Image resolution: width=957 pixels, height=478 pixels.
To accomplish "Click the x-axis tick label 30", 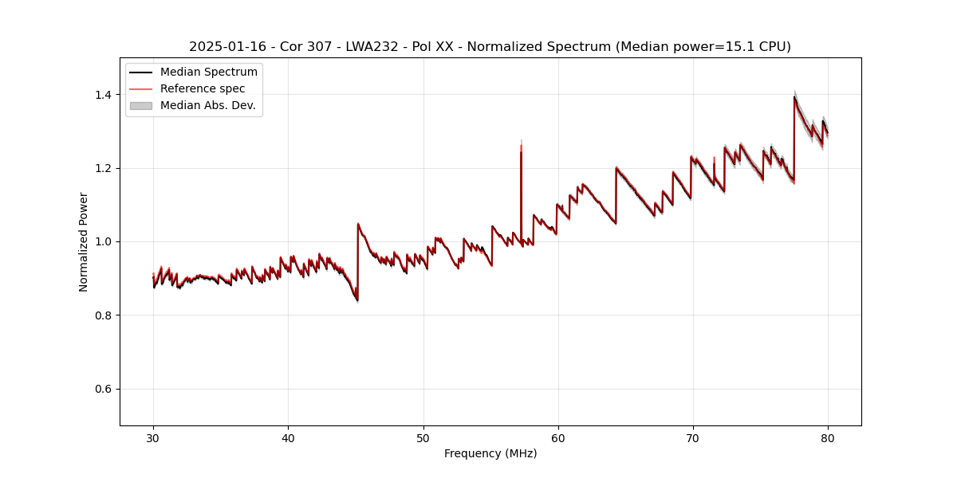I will point(153,438).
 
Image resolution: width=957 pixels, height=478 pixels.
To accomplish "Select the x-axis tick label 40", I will point(288,438).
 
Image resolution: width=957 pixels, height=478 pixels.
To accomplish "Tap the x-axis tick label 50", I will point(423,438).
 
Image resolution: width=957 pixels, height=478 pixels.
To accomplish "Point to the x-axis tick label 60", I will point(558,438).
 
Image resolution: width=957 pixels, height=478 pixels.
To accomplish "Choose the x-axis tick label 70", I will point(693,438).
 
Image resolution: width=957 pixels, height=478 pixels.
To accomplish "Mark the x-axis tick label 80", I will point(828,438).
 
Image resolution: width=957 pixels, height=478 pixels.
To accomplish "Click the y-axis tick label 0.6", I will point(103,389).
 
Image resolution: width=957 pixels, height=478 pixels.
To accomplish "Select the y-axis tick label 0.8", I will point(103,315).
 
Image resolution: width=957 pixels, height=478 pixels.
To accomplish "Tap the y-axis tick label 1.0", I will point(103,241).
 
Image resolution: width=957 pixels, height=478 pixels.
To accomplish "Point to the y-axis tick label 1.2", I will point(103,168).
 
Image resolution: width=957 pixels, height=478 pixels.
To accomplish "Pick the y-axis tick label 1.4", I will point(103,95).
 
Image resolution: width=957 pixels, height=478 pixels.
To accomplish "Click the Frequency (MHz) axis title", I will point(490,453).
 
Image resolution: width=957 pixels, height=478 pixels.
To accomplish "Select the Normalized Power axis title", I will point(84,241).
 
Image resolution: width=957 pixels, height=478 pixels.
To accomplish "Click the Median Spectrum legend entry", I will point(208,72).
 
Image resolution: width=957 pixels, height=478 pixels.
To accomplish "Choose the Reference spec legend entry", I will point(203,88).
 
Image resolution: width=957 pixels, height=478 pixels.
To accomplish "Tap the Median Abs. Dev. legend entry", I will point(207,105).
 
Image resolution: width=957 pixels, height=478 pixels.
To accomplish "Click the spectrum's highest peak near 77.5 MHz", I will point(794,97).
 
